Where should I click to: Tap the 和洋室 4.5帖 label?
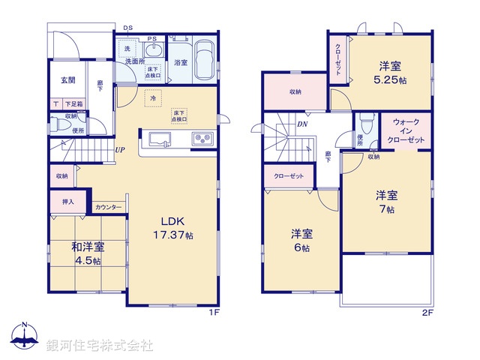click(x=88, y=253)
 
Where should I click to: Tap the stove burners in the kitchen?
click(x=203, y=139)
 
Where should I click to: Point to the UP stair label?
click(x=119, y=149)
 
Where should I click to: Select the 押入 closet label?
click(x=67, y=202)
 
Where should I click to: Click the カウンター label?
click(x=109, y=207)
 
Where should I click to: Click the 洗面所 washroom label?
click(x=136, y=61)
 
